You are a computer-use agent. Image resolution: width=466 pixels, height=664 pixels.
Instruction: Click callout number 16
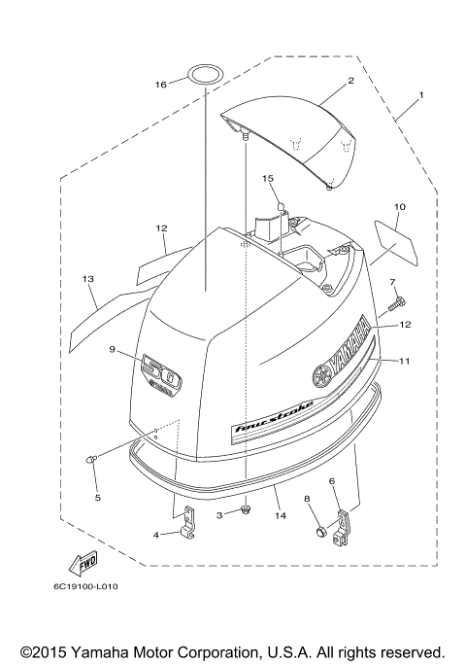(x=161, y=86)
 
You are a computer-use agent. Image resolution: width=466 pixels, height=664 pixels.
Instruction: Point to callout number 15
(x=269, y=178)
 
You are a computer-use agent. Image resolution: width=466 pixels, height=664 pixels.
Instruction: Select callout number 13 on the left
(x=87, y=279)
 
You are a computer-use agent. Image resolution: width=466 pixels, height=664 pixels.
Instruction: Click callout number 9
(x=113, y=349)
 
